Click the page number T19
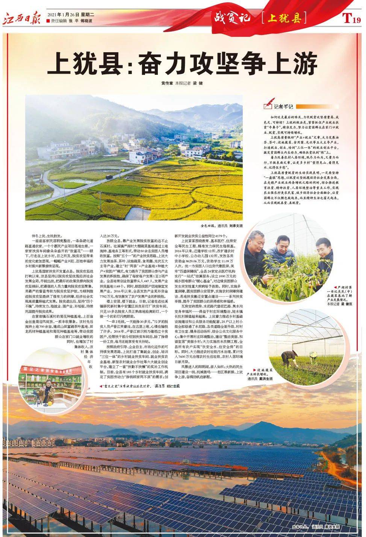351,18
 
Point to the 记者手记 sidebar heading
283,107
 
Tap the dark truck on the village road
109,176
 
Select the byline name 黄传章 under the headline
168,83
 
